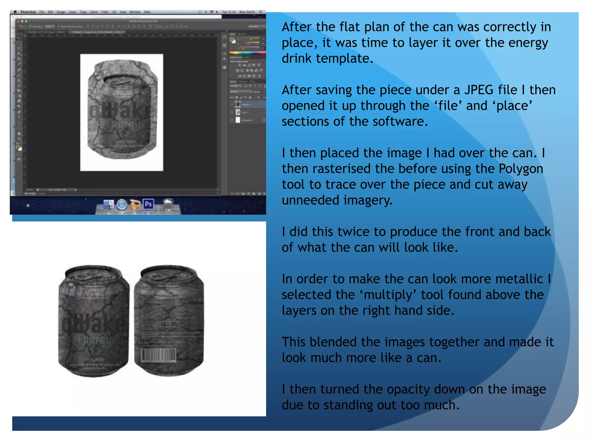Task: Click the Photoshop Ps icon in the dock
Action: tap(148, 204)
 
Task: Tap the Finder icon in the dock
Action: tap(109, 204)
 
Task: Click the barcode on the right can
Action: tap(158, 355)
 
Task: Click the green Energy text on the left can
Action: tap(94, 340)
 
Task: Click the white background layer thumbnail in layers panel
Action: tap(238, 120)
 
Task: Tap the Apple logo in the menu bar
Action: tap(15, 12)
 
